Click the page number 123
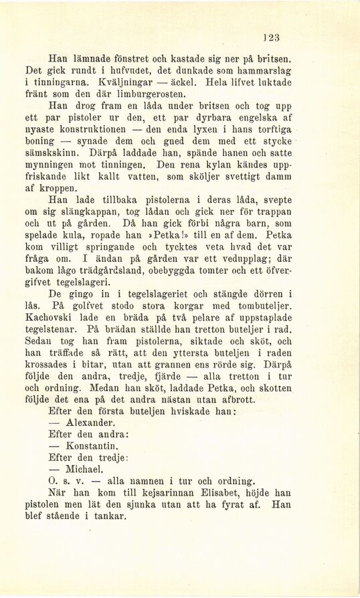[272, 38]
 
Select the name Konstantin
[93, 446]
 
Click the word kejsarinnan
[145, 492]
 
